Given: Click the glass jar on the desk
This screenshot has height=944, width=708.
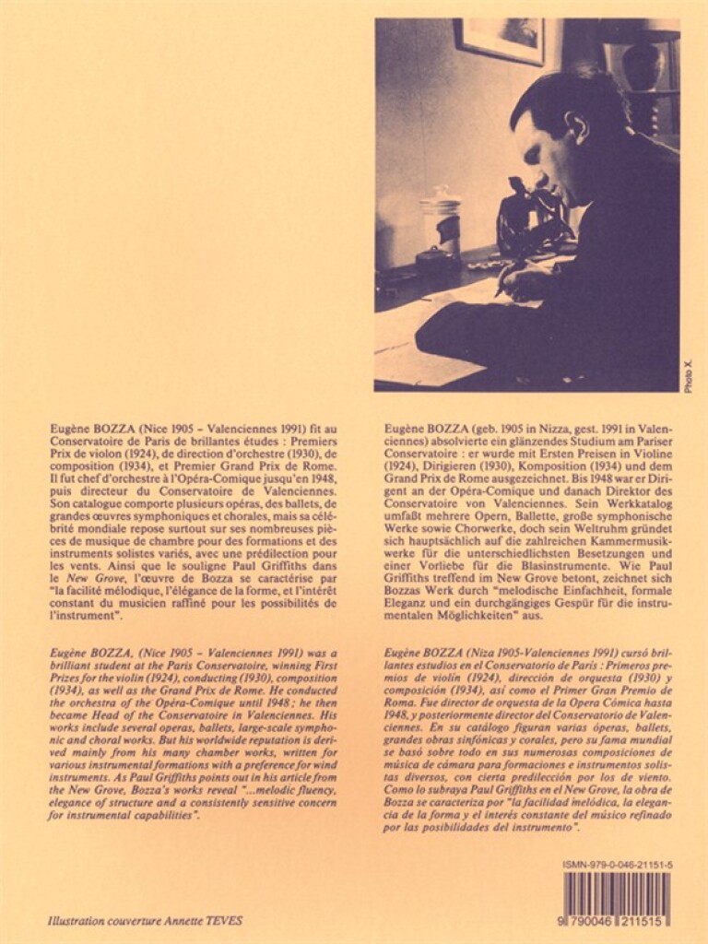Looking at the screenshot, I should click(x=440, y=226).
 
